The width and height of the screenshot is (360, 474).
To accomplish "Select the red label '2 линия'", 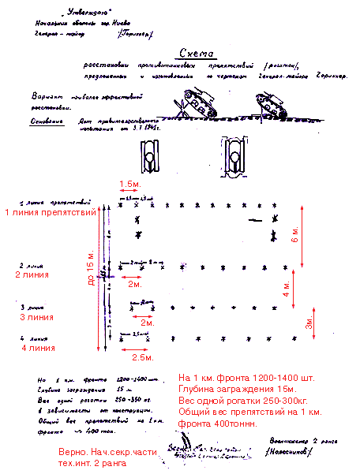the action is click(x=32, y=274).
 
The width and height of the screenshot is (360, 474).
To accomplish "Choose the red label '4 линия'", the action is click(x=38, y=347).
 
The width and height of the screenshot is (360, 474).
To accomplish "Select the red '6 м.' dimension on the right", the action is click(x=295, y=234).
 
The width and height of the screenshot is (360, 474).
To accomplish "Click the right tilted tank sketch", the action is click(x=272, y=104).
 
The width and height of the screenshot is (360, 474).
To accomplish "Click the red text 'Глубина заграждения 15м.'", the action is click(x=237, y=389).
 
